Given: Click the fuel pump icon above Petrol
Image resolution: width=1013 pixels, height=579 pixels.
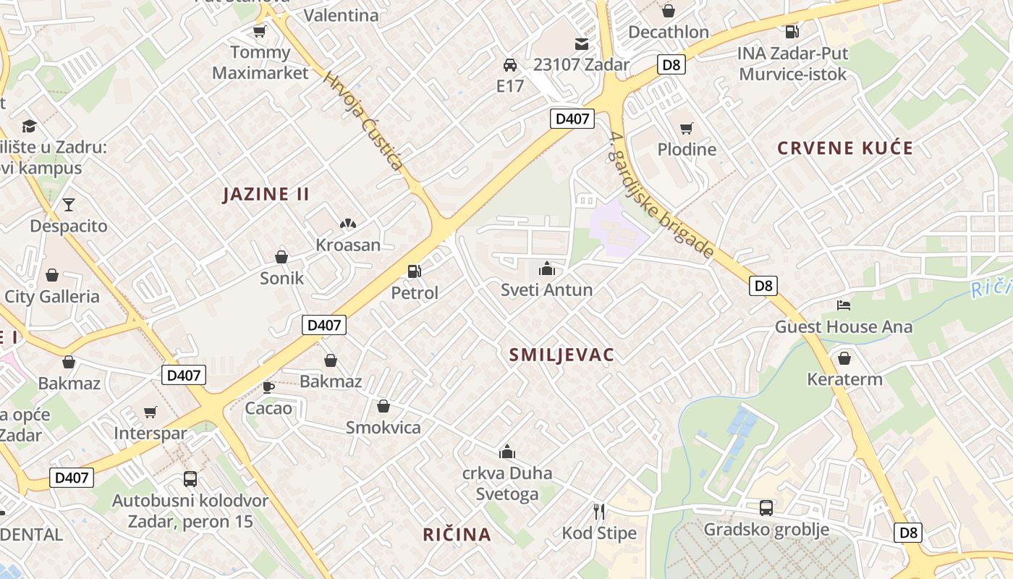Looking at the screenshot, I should coord(415,271).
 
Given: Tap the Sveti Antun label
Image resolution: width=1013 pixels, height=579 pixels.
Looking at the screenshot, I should coord(547,290).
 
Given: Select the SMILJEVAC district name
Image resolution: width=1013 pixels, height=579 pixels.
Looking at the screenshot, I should coord(561,355).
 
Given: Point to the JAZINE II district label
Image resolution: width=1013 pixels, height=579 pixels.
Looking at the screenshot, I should coord(266,194).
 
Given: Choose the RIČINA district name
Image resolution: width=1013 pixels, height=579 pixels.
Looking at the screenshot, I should coord(457,535).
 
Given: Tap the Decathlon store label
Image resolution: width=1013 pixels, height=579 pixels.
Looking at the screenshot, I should coord(669,32).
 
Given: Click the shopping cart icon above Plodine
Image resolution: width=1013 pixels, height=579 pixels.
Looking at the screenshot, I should coord(686,129).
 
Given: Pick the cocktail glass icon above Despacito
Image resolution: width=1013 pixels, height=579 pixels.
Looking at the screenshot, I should coord(69,205).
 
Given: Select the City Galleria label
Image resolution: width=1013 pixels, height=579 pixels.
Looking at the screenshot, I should coord(52,296).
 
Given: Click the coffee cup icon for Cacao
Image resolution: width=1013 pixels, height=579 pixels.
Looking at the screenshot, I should coord(268,387).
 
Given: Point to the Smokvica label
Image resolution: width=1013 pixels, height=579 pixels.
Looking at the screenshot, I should coord(383,427).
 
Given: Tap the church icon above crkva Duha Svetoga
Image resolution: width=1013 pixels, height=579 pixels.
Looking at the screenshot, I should coord(507,452).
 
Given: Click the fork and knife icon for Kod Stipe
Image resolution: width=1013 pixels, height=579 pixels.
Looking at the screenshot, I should coord(599,512).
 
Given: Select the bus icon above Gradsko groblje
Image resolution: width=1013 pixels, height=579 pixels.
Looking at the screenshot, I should coord(766,508).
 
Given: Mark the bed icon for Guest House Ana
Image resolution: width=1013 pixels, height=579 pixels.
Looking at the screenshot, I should coord(844,305).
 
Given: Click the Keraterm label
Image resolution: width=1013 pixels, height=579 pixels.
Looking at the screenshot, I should coord(844,379).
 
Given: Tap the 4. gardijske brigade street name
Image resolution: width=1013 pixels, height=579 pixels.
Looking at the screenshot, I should coord(662,195).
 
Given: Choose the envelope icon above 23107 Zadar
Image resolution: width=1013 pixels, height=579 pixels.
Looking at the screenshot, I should coord(582,43).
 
